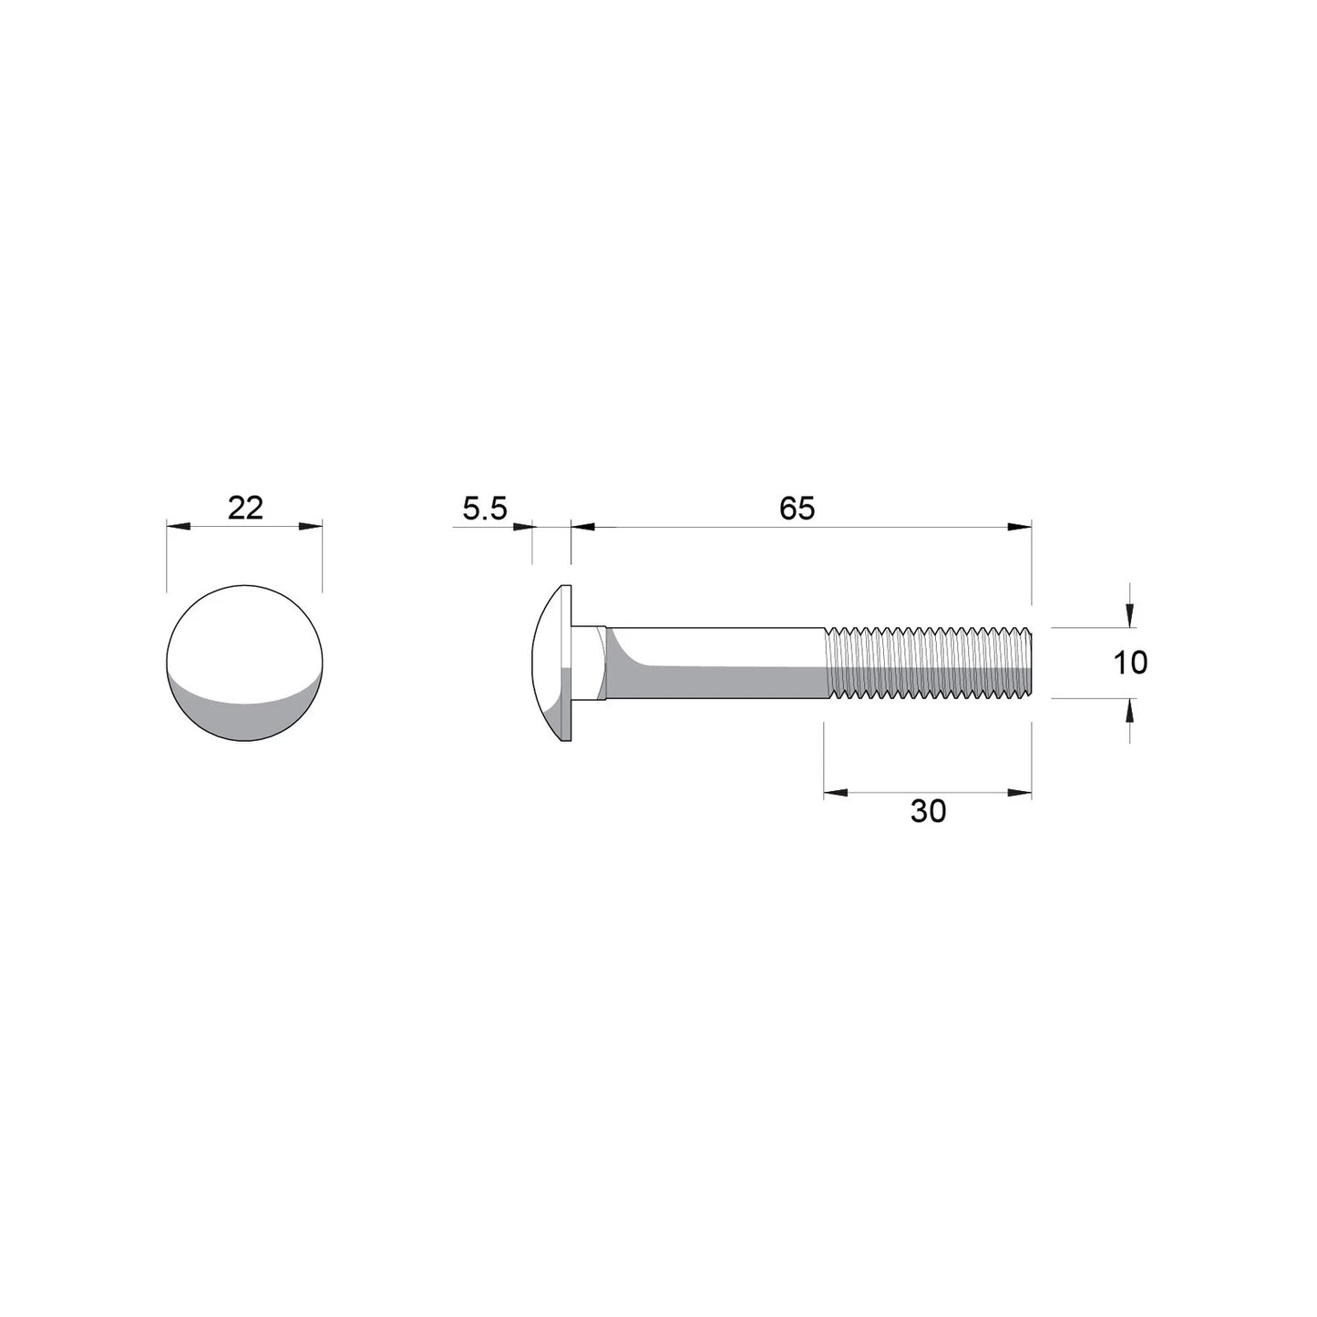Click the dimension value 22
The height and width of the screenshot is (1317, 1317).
[x=245, y=508]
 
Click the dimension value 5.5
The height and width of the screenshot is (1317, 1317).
[x=484, y=508]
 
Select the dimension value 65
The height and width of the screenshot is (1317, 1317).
[x=797, y=508]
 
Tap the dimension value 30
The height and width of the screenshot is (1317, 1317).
[x=928, y=810]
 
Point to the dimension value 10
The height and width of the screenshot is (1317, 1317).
[x=1130, y=663]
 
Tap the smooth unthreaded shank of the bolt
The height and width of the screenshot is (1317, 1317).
[x=720, y=663]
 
